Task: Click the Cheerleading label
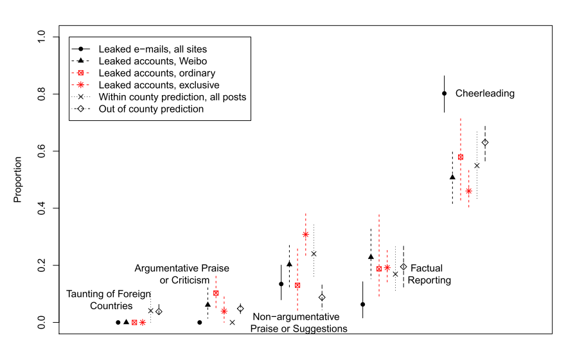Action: (485, 93)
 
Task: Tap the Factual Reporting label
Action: (429, 274)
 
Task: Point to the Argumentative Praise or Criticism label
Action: (182, 274)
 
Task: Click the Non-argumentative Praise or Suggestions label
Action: (299, 323)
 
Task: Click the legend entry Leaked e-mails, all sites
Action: (152, 48)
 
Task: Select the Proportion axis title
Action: (17, 179)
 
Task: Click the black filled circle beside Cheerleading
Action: (444, 93)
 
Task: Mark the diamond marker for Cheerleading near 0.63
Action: (485, 142)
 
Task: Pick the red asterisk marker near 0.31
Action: (305, 234)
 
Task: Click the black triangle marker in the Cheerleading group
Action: (452, 177)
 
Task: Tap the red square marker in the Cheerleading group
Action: (461, 157)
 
